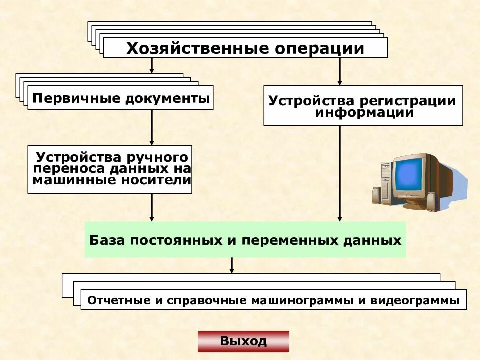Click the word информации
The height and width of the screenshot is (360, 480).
[x=364, y=112]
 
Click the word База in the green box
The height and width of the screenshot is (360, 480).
[x=104, y=240]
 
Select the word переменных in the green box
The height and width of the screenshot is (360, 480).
[x=287, y=240]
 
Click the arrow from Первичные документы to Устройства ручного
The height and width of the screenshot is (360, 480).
[x=152, y=127]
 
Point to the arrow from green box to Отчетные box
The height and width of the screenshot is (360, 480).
[x=232, y=265]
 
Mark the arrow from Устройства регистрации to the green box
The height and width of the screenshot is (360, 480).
[x=340, y=172]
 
